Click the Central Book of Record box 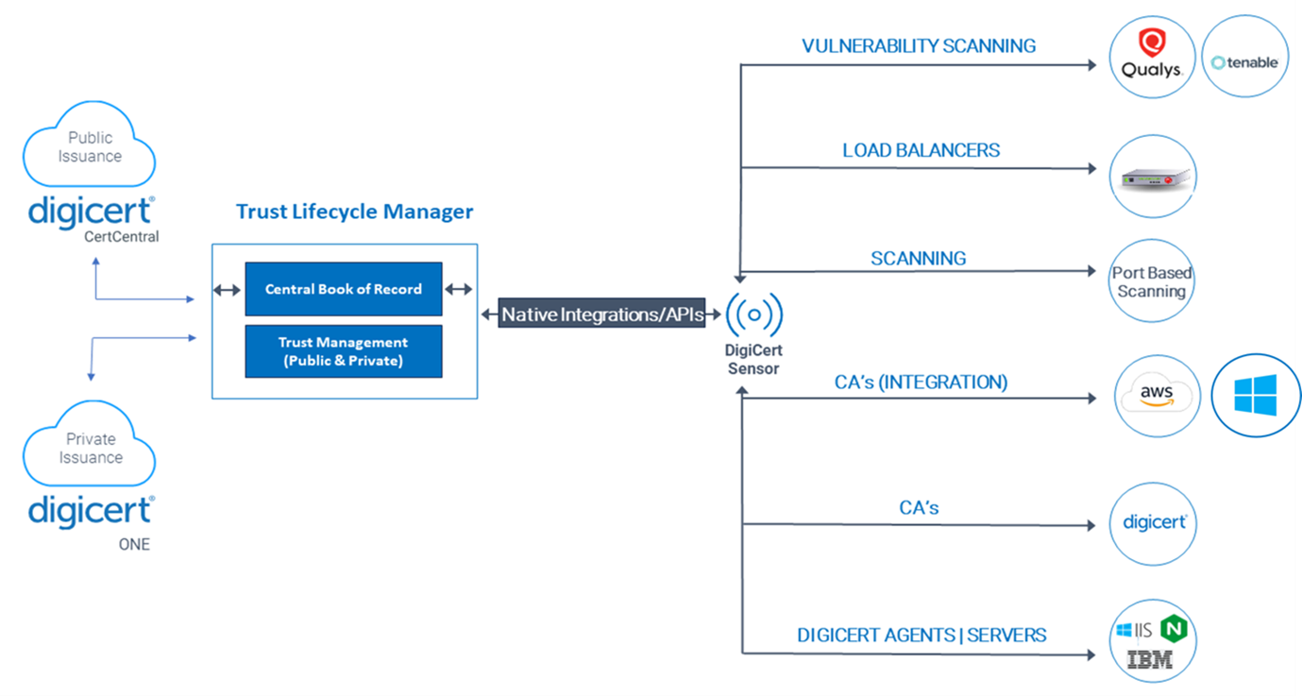click(344, 289)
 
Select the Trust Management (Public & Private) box click(344, 351)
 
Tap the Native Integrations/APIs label click(601, 314)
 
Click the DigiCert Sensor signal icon click(753, 314)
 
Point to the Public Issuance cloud click(89, 145)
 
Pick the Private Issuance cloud click(89, 444)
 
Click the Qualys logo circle click(1152, 57)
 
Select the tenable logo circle click(1245, 57)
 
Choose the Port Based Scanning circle click(1152, 280)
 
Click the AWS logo click(1157, 396)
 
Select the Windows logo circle click(1256, 396)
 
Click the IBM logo click(1150, 659)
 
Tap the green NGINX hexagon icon click(1174, 629)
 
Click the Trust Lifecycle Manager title click(355, 212)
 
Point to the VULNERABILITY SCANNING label click(919, 46)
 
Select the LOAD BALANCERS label click(922, 150)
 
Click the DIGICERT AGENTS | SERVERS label click(922, 635)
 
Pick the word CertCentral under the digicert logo click(122, 237)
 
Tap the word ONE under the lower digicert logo click(134, 544)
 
